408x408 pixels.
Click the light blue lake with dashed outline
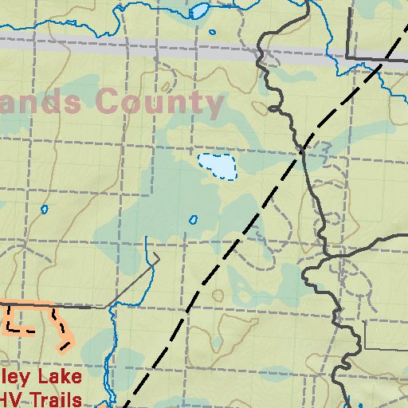click(x=218, y=166)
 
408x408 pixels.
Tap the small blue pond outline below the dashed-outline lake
click(x=193, y=219)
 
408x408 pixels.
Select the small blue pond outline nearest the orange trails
click(x=44, y=210)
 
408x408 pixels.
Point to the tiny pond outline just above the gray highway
click(x=212, y=33)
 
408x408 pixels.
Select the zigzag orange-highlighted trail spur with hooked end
click(x=61, y=329)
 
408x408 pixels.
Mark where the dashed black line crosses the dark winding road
click(x=303, y=148)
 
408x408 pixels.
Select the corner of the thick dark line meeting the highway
click(x=347, y=57)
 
